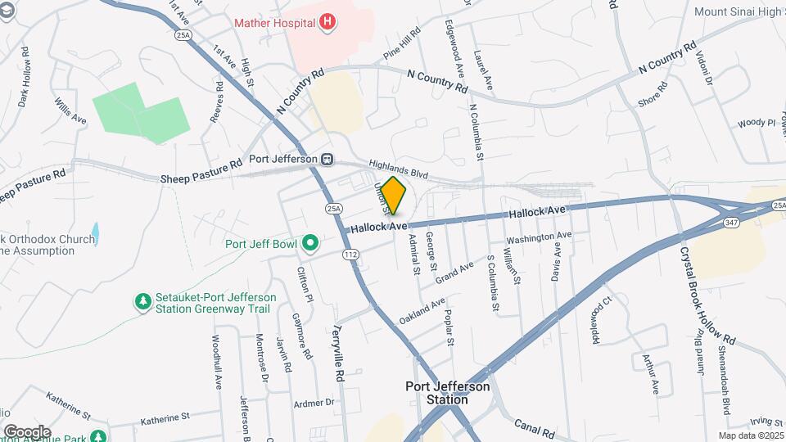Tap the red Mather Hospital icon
[x=327, y=22]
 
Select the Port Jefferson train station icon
[x=327, y=159]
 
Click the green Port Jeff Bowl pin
[x=309, y=243]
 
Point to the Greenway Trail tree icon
[x=143, y=302]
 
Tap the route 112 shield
[x=350, y=255]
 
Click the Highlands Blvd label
[x=399, y=169]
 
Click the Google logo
[x=27, y=431]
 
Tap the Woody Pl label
[x=756, y=123]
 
